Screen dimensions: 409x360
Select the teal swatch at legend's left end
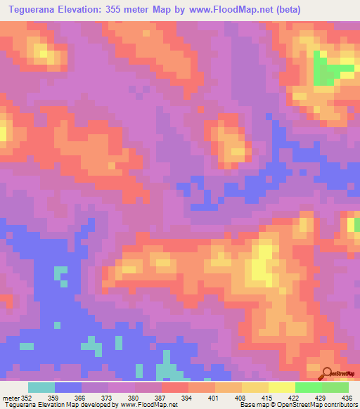coord(41,387)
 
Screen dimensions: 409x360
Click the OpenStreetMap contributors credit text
coord(317,405)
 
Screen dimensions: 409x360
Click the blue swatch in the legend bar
coord(68,387)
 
